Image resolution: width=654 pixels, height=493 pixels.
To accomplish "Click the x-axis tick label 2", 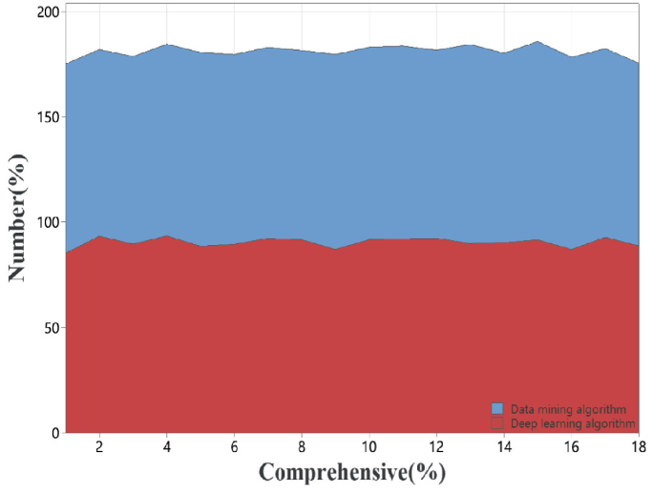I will [99, 446].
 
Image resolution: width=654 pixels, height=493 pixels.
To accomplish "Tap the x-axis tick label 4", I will [167, 446].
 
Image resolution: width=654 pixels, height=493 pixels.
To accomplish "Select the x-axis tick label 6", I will [235, 446].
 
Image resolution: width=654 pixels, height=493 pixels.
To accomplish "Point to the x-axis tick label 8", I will [302, 446].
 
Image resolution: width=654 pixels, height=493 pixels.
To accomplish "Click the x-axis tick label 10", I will [369, 446].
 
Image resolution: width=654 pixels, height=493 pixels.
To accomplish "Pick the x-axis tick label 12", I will [436, 446].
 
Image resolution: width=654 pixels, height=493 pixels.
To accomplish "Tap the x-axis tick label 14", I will [503, 446].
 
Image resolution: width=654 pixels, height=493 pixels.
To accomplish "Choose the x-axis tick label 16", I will [571, 446].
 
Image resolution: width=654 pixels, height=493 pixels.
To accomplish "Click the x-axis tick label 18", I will [638, 446].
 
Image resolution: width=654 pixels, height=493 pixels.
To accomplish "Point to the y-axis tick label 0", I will [54, 433].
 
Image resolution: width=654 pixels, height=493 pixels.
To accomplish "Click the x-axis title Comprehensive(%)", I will [351, 472].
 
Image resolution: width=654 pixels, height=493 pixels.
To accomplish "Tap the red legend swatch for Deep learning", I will [496, 422].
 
